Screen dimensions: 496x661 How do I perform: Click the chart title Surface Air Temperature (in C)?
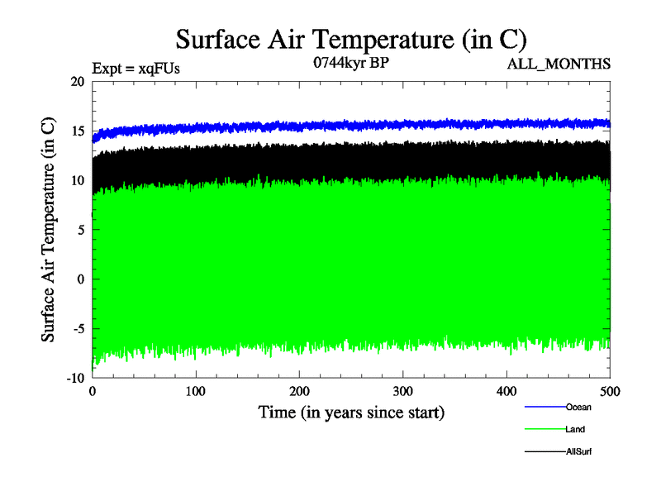tap(350, 39)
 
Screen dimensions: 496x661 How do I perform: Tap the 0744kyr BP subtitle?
tap(350, 62)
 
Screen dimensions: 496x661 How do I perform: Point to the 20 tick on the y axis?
tap(77, 82)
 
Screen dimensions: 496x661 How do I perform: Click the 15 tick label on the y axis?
tap(77, 131)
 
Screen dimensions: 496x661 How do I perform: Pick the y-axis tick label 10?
tap(77, 180)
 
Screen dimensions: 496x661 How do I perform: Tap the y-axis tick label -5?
tap(76, 328)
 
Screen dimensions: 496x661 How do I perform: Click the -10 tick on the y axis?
tap(74, 378)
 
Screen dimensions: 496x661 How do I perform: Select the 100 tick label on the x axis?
tap(196, 391)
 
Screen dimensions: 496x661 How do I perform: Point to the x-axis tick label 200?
tap(299, 391)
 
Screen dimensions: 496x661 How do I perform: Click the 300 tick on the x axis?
tap(403, 391)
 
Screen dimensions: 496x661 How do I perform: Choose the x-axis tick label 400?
tap(506, 391)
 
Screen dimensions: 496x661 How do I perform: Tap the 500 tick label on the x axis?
tap(610, 391)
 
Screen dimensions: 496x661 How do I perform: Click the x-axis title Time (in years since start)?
tap(351, 412)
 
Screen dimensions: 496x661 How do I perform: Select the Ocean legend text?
tap(578, 407)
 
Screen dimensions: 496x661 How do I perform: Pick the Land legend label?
tap(576, 430)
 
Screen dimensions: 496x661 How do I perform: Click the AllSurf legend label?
tap(579, 452)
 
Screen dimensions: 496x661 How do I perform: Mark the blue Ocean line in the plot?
tap(330, 126)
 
